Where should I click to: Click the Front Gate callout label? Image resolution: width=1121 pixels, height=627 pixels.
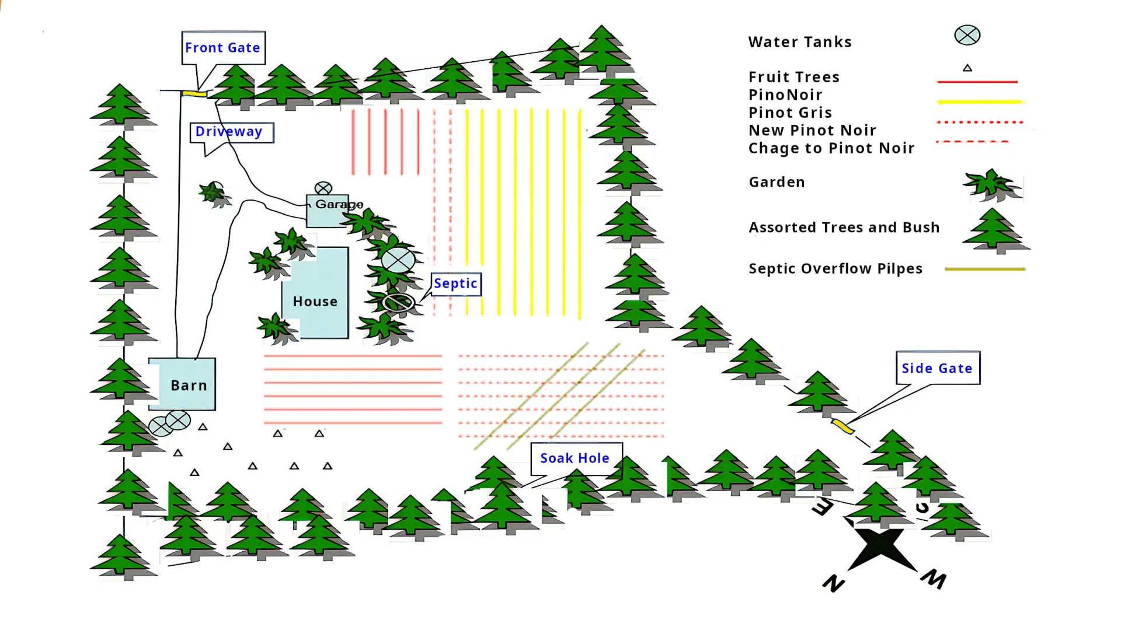(x=222, y=48)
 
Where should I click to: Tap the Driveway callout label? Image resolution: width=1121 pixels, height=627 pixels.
(x=229, y=132)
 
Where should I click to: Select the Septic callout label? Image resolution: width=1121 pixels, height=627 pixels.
(x=455, y=283)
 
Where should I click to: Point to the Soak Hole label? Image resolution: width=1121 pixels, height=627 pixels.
(x=575, y=458)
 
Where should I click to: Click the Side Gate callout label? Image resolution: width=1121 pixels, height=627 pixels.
(x=937, y=368)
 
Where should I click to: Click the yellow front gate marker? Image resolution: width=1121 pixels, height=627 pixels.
(x=194, y=93)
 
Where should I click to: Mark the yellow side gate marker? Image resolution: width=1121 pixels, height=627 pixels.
(x=843, y=426)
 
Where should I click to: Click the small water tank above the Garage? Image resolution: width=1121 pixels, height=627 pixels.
(x=323, y=188)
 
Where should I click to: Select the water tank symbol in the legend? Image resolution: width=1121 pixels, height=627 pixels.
(x=967, y=35)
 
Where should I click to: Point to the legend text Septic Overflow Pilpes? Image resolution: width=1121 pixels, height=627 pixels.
(x=835, y=269)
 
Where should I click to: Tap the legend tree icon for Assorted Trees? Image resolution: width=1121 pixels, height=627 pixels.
(x=995, y=230)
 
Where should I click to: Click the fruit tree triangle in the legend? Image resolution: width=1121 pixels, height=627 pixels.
(x=967, y=68)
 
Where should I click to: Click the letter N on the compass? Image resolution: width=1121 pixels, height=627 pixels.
(x=834, y=583)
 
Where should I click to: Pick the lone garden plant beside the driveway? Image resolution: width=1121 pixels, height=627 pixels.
(x=214, y=194)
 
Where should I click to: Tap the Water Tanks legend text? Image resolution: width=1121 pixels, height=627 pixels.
(x=800, y=42)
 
